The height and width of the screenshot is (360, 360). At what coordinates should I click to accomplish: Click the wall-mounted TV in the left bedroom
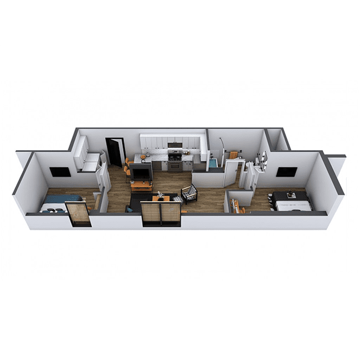tap(60, 172)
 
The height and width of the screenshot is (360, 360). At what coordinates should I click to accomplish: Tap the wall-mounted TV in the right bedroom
tap(286, 172)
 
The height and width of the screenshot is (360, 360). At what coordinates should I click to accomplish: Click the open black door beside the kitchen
tap(115, 152)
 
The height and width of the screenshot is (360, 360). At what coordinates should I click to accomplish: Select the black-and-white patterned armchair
tap(189, 194)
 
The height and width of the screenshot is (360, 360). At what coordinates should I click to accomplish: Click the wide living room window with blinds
tap(161, 214)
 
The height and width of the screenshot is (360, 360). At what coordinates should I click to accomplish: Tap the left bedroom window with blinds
tap(78, 214)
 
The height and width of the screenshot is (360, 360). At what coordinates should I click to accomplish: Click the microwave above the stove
tap(175, 145)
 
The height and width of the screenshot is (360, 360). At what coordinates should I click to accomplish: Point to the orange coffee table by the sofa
tap(160, 198)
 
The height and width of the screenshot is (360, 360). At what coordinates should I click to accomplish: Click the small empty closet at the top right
tap(277, 141)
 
